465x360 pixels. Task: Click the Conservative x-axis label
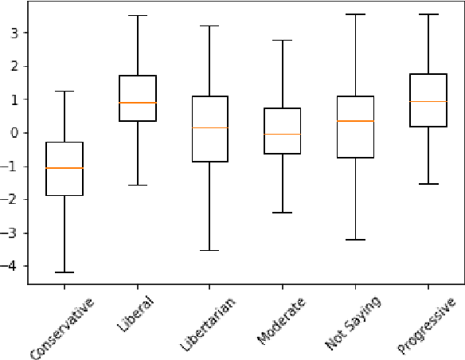[x=62, y=327]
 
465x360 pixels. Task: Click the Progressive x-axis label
[x=426, y=325]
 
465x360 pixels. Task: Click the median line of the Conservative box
[x=64, y=168]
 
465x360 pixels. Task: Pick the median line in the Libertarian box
[x=210, y=127]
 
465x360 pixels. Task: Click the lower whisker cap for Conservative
[x=64, y=272]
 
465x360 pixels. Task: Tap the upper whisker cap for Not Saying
[x=355, y=14]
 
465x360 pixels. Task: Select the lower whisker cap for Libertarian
[x=210, y=250]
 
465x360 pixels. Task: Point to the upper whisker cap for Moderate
[x=283, y=40]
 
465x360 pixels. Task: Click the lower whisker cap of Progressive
[x=428, y=184]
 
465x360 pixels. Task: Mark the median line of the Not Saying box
[x=355, y=121]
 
